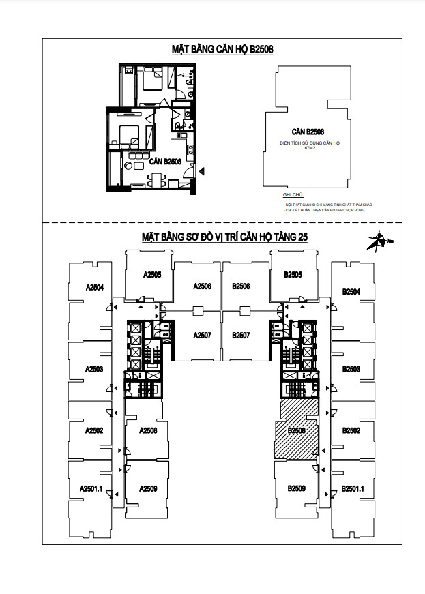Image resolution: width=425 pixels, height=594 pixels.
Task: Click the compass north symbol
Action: click(376, 240)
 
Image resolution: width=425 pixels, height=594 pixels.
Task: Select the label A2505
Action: click(151, 276)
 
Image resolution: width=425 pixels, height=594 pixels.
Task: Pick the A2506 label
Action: click(203, 286)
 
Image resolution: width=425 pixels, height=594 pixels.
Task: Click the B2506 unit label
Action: click(241, 286)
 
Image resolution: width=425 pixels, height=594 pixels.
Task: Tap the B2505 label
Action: click(293, 276)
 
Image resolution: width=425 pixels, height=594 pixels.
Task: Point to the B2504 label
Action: click(351, 291)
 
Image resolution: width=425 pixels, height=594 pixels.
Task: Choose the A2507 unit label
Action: click(203, 336)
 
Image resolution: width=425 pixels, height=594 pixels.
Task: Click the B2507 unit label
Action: click(241, 336)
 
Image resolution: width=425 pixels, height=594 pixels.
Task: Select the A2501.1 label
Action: click(91, 488)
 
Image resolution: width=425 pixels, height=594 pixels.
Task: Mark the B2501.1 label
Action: click(353, 488)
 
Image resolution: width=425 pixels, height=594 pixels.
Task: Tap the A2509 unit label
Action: click(148, 488)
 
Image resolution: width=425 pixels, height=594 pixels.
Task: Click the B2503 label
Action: click(351, 369)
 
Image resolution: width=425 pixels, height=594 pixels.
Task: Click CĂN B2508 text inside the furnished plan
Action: click(164, 162)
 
